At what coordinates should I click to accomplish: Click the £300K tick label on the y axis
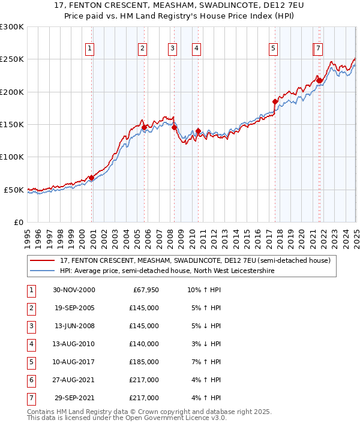tap(12, 27)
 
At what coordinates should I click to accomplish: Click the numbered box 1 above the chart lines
tap(89, 49)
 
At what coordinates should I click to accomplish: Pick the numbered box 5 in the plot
tap(273, 49)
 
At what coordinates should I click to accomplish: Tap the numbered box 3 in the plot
tap(172, 49)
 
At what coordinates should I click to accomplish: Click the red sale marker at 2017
tap(275, 101)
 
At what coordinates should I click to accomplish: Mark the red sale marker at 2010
tap(198, 131)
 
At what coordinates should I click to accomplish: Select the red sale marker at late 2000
tap(92, 178)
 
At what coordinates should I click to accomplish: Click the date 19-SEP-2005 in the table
tap(74, 308)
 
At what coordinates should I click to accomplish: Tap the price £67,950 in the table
tap(145, 290)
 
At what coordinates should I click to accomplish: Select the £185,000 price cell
tap(145, 362)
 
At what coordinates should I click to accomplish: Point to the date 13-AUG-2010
tap(74, 344)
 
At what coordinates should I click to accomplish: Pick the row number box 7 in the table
tap(31, 398)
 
